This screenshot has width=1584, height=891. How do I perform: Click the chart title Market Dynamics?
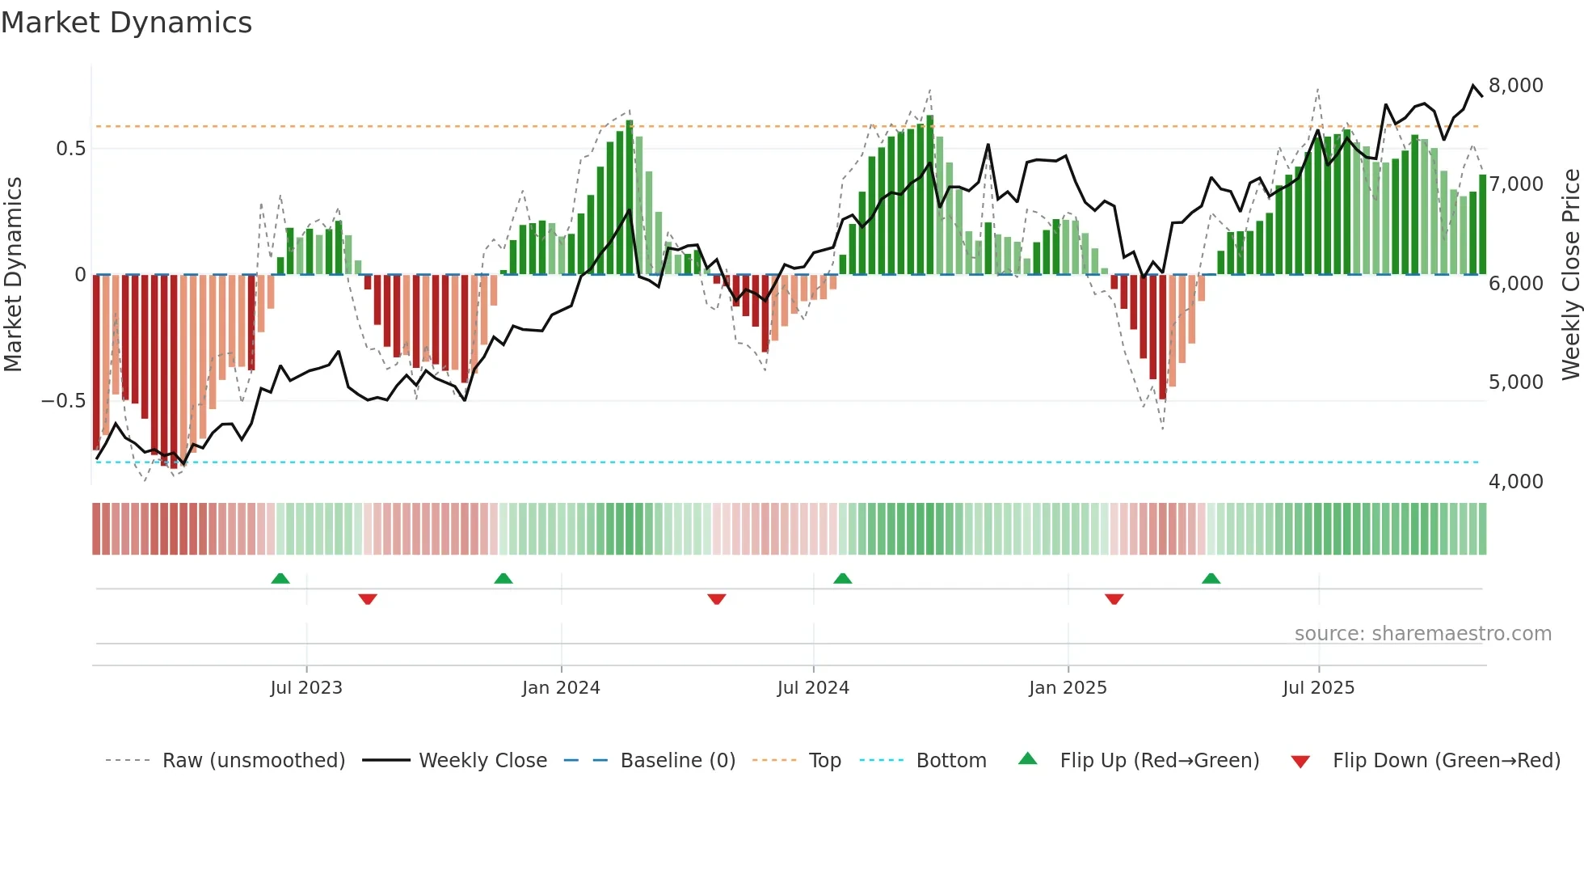click(x=126, y=23)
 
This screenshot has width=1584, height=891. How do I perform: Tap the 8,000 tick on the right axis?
click(x=1515, y=86)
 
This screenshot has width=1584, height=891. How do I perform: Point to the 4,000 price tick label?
click(x=1515, y=482)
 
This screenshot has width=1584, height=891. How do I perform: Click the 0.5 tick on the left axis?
click(x=70, y=149)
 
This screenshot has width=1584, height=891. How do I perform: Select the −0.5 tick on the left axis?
click(x=64, y=401)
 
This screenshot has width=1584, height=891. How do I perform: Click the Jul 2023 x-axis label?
click(x=306, y=688)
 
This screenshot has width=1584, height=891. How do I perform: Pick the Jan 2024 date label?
click(x=561, y=688)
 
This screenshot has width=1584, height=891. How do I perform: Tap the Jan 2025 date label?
click(x=1068, y=688)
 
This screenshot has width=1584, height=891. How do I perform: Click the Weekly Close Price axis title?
click(x=1570, y=275)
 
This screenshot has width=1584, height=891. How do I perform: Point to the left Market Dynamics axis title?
click(x=13, y=275)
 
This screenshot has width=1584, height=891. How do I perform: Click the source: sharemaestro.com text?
click(x=1422, y=634)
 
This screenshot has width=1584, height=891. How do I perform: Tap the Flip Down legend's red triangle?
click(x=1300, y=762)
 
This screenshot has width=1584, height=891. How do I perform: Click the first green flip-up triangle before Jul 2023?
click(x=280, y=578)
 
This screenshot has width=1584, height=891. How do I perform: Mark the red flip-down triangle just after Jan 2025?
click(x=1114, y=599)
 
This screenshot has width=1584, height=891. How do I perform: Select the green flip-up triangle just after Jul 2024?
click(x=843, y=578)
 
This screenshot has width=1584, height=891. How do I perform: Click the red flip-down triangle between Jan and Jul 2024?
click(x=717, y=599)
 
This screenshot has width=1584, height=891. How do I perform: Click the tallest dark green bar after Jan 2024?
click(x=630, y=198)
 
